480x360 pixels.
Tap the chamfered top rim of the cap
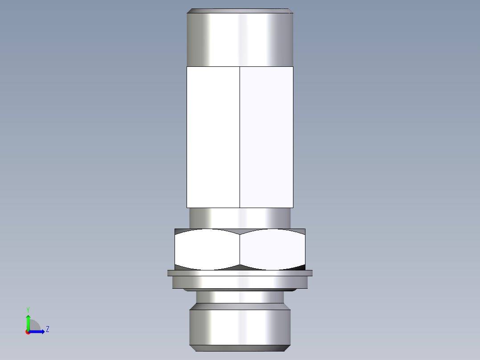coord(240,11)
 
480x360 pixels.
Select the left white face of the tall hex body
coord(213,137)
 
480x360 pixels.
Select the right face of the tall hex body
coord(266,137)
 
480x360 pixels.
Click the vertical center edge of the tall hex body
coord(240,137)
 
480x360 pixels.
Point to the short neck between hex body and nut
coord(240,218)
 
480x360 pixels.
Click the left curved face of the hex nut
coord(207,250)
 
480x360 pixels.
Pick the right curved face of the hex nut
coord(273,250)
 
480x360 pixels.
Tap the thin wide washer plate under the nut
coord(240,273)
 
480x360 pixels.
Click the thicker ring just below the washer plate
coord(240,282)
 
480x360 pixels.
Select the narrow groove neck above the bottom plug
coord(240,297)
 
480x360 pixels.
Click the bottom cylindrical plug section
coord(240,327)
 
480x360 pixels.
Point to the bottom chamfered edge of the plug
coord(240,348)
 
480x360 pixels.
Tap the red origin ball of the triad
coord(28,332)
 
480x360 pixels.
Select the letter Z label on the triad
coord(47,329)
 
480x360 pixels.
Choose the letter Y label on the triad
coord(28,309)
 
